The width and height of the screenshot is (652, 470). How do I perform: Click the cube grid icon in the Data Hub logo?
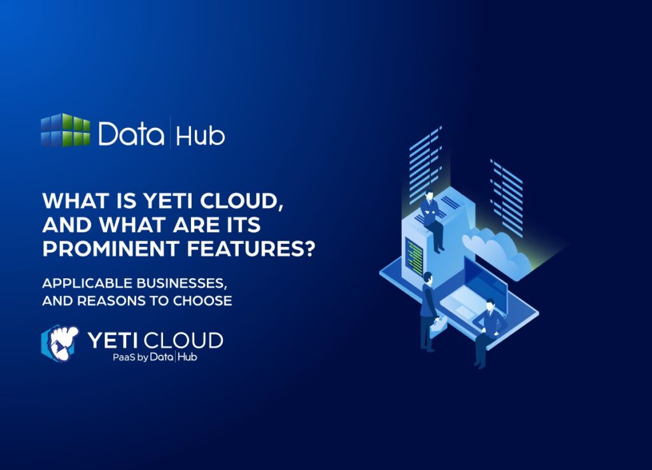(x=66, y=131)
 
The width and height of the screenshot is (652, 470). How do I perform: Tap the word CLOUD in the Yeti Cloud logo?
(x=188, y=340)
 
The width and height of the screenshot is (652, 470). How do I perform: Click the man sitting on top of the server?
(x=433, y=217)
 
